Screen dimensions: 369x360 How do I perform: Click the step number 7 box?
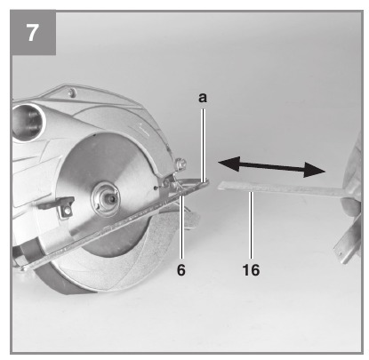point(33,32)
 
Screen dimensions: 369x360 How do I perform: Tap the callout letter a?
point(203,98)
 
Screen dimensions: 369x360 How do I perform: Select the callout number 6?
point(181,270)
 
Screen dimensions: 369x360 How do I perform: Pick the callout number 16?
point(251,270)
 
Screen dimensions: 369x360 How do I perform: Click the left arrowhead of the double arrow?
point(229,164)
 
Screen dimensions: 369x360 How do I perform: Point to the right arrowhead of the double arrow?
point(315,170)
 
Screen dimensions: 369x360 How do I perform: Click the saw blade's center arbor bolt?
point(105,196)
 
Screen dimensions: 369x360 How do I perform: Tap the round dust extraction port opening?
point(28,122)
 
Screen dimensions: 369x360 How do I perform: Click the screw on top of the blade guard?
point(71,93)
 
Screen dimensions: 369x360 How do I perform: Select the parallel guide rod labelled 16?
point(282,189)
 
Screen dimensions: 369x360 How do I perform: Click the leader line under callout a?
point(204,145)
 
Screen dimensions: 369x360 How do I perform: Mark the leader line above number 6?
point(182,226)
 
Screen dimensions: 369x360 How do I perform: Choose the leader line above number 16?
point(252,225)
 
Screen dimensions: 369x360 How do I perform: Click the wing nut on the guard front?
point(180,164)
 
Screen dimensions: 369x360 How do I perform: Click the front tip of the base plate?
point(208,181)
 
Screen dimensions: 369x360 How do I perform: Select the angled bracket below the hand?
point(348,243)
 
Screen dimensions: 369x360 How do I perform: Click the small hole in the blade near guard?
point(156,188)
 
